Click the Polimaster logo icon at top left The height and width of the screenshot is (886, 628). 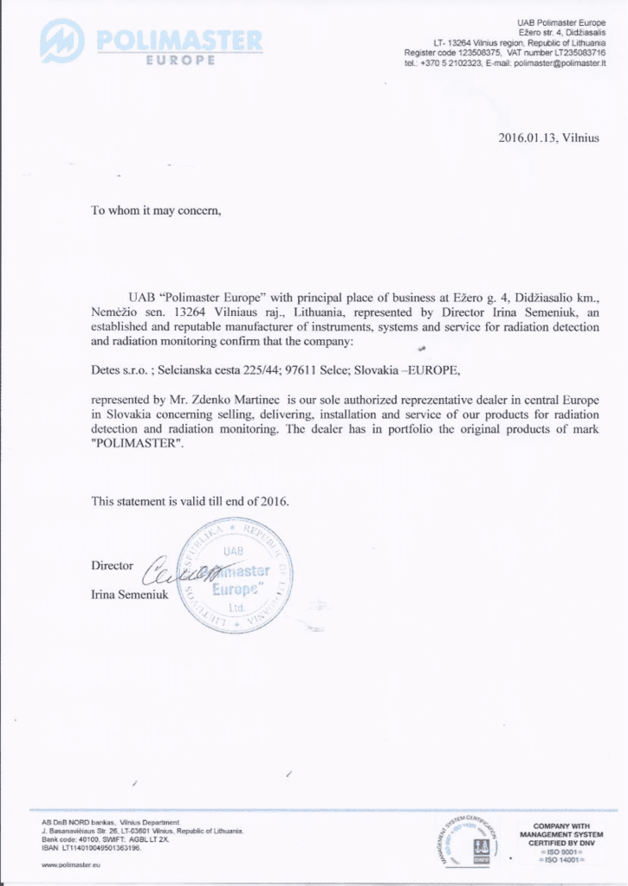[62, 41]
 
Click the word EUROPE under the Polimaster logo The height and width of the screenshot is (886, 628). [180, 60]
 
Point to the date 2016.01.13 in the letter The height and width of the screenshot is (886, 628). [528, 138]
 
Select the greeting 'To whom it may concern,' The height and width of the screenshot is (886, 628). [157, 210]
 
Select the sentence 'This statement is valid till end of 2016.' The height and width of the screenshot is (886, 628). [191, 501]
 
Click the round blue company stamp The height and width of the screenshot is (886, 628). [234, 575]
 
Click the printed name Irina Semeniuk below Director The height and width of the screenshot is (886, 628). [130, 594]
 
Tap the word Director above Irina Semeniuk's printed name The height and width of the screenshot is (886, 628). [113, 566]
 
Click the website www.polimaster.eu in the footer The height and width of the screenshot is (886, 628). [72, 864]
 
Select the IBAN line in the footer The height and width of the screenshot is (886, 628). [92, 847]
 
